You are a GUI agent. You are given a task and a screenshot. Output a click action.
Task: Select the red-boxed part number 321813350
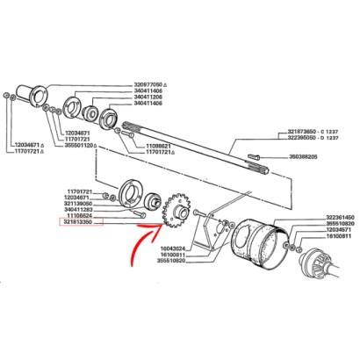coord(83,223)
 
